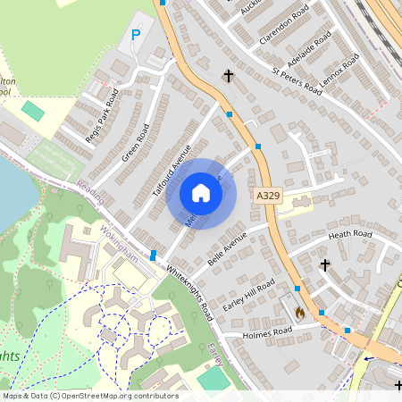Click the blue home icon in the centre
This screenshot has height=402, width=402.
pyautogui.click(x=201, y=193)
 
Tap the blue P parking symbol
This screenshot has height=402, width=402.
pyautogui.click(x=136, y=35)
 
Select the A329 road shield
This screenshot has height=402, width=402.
pyautogui.click(x=267, y=195)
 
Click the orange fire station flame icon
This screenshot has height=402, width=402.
pyautogui.click(x=299, y=313)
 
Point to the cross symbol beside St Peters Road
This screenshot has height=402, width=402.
pyautogui.click(x=229, y=76)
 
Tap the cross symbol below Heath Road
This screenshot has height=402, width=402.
pyautogui.click(x=325, y=265)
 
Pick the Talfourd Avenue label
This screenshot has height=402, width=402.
pyautogui.click(x=172, y=170)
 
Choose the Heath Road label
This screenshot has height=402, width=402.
pyautogui.click(x=349, y=235)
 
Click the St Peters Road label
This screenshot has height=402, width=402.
pyautogui.click(x=297, y=77)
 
